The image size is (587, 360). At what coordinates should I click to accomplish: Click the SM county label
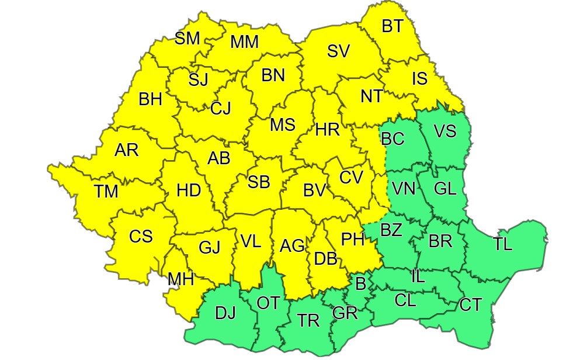coord(187,39)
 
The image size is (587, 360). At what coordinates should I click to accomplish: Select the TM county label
coord(106,191)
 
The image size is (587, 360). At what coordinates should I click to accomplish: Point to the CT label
coord(471,304)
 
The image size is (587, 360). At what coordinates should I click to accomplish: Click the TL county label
coord(502,244)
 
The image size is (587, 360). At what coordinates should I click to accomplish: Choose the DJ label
coord(225,313)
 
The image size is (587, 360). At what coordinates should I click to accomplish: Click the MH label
coord(180,279)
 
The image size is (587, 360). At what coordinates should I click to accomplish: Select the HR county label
coord(327,131)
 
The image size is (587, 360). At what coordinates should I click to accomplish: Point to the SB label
coord(259,182)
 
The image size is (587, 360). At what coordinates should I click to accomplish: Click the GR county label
coord(345,313)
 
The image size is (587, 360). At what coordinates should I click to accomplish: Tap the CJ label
coord(221,108)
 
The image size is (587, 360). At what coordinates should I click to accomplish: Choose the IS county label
coord(419,78)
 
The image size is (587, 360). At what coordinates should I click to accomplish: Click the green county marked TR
coord(308,320)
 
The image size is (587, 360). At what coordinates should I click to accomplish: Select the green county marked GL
coord(446,188)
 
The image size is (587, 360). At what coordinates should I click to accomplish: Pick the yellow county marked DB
coord(325,258)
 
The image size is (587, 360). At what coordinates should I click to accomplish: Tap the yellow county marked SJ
coord(198,79)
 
